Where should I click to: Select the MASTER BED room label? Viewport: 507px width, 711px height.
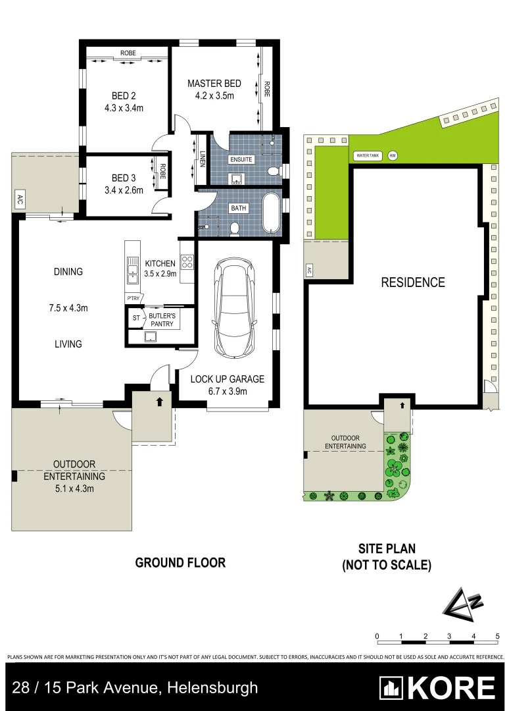coord(214,84)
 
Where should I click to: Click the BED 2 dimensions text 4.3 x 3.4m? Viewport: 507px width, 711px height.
coord(124,108)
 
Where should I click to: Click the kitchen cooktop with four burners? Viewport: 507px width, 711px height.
coord(187,263)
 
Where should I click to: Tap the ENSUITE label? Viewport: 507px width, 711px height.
coord(241,159)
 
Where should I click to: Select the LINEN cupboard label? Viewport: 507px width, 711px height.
coord(202,160)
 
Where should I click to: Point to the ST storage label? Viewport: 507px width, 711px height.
coord(137,318)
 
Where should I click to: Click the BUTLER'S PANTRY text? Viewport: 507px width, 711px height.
coord(162,320)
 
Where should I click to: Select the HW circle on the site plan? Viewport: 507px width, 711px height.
coord(393,156)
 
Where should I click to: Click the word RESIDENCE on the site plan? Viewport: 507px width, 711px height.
coord(413,282)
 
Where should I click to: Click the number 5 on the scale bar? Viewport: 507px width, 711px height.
coord(498,636)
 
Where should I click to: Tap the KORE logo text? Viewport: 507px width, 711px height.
coord(451,688)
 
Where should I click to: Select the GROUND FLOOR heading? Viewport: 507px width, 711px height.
coord(180,563)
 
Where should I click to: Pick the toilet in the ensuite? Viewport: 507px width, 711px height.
coord(273,171)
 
